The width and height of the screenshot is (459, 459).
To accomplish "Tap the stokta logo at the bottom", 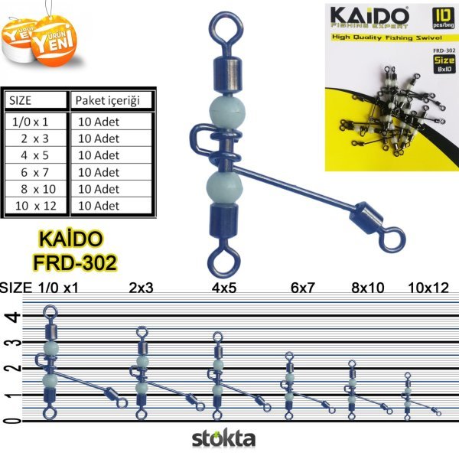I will (223, 440).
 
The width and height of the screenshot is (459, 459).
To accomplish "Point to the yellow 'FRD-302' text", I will (74, 263).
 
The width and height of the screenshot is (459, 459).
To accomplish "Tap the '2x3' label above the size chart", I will (142, 288).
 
